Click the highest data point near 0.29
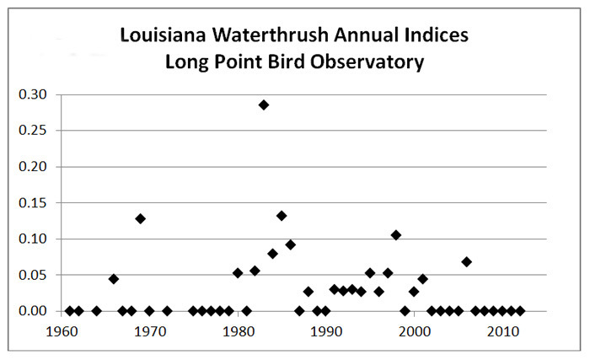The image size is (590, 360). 264,105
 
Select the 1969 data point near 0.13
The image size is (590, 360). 141,218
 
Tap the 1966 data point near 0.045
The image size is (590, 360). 114,279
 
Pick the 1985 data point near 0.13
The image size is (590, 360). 282,216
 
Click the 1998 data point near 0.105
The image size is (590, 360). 396,235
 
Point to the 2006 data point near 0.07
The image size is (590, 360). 467,261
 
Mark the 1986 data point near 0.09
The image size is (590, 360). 291,244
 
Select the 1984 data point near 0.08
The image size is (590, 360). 273,253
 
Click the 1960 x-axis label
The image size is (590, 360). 62,331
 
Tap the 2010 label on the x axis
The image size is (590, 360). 503,331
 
